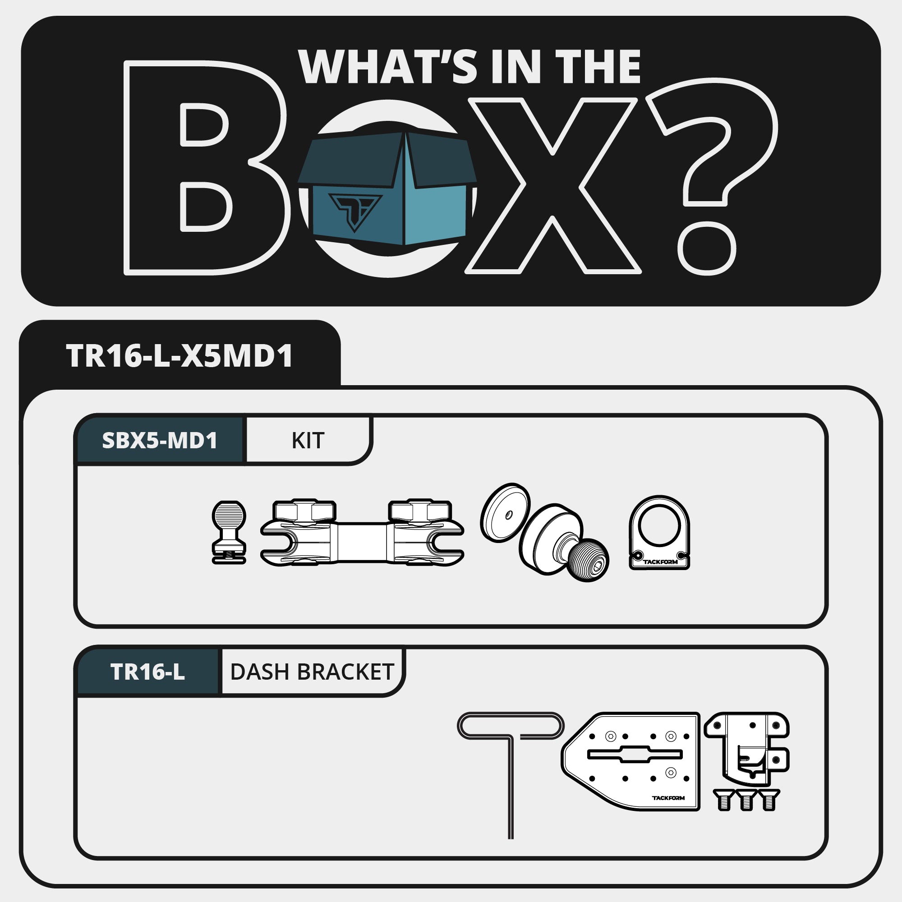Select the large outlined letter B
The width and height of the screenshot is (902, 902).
click(205, 168)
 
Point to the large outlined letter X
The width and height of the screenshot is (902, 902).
click(553, 186)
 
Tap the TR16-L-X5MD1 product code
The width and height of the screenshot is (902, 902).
click(180, 356)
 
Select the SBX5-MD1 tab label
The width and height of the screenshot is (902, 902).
click(160, 440)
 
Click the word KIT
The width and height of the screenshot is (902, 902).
click(308, 441)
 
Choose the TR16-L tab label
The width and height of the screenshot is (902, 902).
click(147, 672)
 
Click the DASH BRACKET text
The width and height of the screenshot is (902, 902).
click(313, 672)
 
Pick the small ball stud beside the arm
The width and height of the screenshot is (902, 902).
click(229, 532)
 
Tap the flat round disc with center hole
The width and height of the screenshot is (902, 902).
click(505, 513)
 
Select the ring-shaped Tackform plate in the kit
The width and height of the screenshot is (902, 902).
click(659, 533)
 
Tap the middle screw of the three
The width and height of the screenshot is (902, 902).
click(746, 800)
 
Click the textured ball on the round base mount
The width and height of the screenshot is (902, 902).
click(589, 560)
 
